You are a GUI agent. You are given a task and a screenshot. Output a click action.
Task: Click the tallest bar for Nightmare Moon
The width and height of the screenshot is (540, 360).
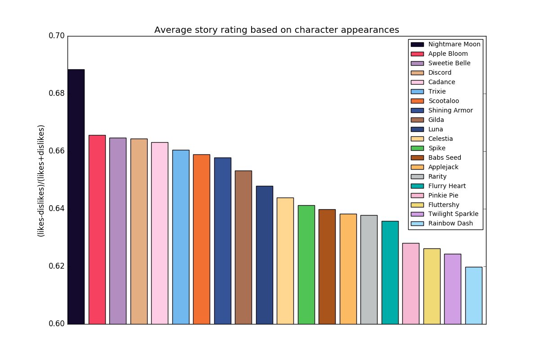point(76,197)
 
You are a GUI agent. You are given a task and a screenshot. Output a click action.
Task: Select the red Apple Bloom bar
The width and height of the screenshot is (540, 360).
point(97,230)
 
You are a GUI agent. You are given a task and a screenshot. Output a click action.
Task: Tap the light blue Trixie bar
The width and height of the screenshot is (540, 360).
point(181,237)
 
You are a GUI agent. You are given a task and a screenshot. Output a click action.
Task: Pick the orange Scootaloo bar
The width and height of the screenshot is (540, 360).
point(202,239)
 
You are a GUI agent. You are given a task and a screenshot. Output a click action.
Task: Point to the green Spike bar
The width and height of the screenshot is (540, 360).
point(306,265)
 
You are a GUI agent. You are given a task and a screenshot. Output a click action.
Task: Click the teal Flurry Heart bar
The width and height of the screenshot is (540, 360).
point(390,273)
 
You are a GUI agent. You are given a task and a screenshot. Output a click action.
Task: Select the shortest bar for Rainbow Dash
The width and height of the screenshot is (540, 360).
point(474,296)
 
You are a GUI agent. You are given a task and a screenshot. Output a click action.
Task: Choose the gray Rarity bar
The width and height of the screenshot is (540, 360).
point(369,270)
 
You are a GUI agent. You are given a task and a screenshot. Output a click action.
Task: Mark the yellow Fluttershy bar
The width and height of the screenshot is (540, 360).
point(432,287)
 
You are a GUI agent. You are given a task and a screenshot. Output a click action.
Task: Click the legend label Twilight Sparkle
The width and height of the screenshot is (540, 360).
point(453,214)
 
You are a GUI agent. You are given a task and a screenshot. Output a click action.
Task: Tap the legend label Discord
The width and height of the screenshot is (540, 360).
point(440,72)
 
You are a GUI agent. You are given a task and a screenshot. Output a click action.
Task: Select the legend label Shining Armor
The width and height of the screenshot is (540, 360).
point(450,110)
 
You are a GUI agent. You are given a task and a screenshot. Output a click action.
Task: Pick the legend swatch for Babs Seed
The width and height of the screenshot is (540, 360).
point(417,157)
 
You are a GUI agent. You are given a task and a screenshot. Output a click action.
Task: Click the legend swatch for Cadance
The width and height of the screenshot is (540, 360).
point(417,82)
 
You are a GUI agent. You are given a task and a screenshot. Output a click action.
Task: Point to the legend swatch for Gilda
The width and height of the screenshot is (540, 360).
point(417,120)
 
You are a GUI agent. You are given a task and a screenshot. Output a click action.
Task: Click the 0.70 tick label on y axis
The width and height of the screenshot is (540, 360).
point(57,36)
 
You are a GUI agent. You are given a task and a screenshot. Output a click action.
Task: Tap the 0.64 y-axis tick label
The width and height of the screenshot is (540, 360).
point(57,208)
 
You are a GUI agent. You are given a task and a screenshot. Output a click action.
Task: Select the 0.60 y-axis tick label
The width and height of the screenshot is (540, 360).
point(57,324)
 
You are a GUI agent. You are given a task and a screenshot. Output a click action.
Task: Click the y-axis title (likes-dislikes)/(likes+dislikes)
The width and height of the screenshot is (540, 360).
point(41,181)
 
